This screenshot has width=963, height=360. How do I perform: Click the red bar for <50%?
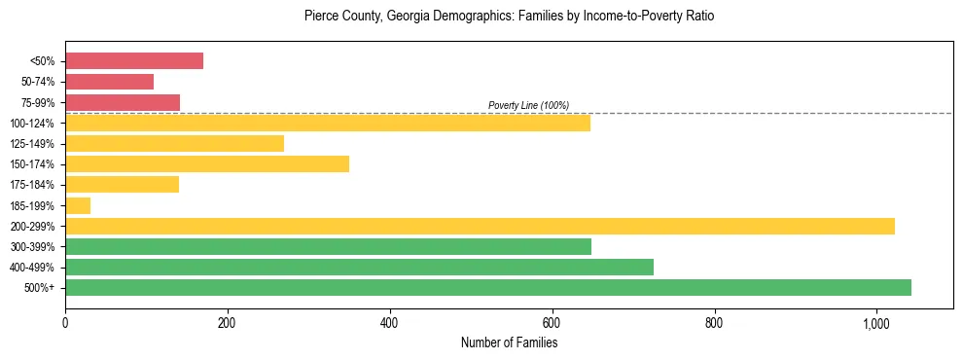(x=134, y=61)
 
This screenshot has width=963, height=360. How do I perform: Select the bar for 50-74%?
(x=109, y=82)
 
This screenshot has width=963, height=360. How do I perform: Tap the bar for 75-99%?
(x=123, y=102)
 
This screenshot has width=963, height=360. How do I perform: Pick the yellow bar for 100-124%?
(x=328, y=123)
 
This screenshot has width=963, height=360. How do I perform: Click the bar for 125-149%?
(x=174, y=143)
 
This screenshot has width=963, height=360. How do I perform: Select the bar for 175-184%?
(x=122, y=184)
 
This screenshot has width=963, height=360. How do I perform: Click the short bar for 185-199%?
(x=78, y=205)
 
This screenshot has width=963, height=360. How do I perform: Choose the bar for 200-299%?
(x=480, y=226)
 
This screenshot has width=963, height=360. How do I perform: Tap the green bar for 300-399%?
(x=328, y=246)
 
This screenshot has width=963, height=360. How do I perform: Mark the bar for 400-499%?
(x=359, y=267)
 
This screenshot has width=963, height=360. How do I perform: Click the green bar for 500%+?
(x=488, y=287)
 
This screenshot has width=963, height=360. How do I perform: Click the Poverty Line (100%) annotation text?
(x=528, y=105)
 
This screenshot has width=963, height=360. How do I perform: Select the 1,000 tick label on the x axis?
(x=876, y=323)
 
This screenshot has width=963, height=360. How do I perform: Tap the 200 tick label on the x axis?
(x=227, y=323)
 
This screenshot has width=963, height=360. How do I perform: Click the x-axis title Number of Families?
(x=509, y=342)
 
